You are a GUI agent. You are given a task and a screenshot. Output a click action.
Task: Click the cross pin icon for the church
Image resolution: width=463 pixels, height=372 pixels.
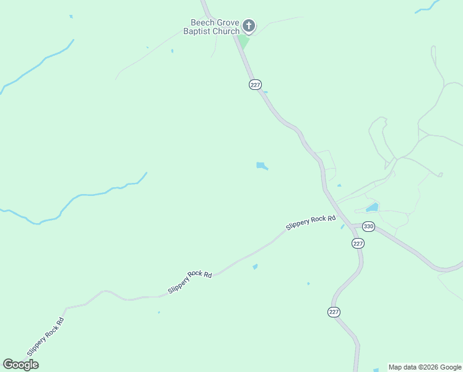tap(248, 26)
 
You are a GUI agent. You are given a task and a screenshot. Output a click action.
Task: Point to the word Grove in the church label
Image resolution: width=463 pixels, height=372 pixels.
tap(227, 23)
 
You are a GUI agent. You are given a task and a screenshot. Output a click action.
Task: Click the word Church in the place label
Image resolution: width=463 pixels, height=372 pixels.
tap(226, 32)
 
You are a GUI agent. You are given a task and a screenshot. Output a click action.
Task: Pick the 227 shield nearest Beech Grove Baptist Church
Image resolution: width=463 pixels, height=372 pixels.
tap(255, 84)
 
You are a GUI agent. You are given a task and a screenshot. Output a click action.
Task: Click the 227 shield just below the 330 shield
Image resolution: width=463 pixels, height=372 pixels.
tap(358, 244)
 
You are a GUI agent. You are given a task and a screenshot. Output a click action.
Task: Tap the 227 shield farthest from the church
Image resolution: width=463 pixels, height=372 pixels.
tap(334, 312)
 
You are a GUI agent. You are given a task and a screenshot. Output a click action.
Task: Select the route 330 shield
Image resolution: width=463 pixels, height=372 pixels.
tap(368, 226)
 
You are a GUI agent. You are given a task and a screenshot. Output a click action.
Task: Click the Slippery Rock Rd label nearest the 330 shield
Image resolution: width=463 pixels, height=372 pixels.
tap(311, 223)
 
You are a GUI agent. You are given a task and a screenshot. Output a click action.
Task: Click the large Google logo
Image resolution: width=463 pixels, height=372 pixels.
tap(20, 365)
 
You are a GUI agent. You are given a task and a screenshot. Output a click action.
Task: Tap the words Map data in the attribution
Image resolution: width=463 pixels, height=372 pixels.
tap(401, 367)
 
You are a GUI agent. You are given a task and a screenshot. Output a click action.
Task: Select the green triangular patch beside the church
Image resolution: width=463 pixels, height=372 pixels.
tap(243, 42)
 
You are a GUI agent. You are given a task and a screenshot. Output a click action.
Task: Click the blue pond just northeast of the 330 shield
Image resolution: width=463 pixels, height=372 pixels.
tap(372, 207)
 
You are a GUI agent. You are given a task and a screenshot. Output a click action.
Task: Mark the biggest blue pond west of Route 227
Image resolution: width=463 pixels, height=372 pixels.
tap(262, 166)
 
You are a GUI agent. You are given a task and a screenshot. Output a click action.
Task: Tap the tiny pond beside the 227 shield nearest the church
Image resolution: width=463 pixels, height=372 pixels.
tap(265, 92)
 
